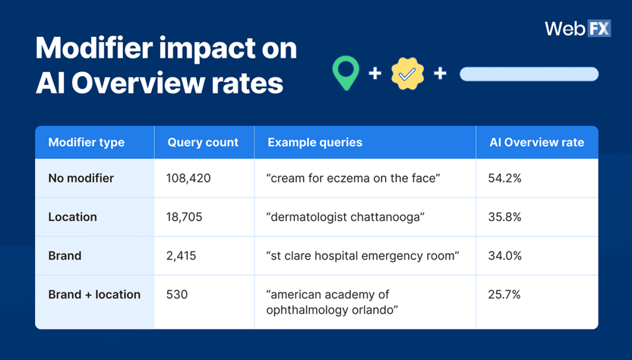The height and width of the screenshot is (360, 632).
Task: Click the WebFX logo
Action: click(x=578, y=28)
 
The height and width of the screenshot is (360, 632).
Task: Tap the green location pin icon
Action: click(x=345, y=73)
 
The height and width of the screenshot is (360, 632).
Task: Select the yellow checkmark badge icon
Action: click(x=407, y=74)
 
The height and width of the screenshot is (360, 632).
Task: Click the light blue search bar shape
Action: click(x=529, y=74)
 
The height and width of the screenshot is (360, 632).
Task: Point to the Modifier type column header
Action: click(x=86, y=143)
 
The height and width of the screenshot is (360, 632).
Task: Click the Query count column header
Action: click(x=203, y=143)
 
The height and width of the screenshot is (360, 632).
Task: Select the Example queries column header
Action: click(x=315, y=143)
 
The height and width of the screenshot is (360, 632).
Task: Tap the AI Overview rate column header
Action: click(x=537, y=143)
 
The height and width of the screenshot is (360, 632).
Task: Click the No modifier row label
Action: click(x=81, y=178)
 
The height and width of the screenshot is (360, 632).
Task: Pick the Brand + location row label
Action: click(x=94, y=295)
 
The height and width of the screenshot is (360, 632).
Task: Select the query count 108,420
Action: click(x=189, y=178)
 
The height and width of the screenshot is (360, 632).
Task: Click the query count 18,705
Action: click(x=184, y=217)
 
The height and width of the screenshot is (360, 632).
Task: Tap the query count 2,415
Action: click(x=181, y=256)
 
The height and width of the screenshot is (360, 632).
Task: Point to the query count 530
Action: click(x=177, y=295)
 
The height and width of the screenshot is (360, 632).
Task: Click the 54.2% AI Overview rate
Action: click(x=505, y=178)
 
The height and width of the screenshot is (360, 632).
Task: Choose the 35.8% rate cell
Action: click(x=505, y=217)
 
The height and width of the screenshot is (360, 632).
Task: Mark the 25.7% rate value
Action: click(x=505, y=295)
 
